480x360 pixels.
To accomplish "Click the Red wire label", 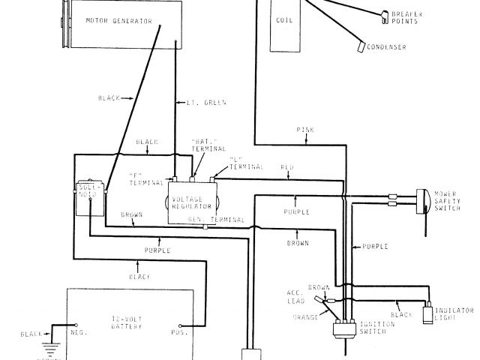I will (x=286, y=166).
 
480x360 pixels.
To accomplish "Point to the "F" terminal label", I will (x=138, y=177).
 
